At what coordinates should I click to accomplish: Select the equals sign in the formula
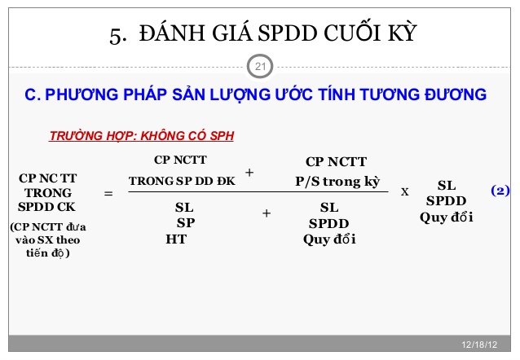[108, 194]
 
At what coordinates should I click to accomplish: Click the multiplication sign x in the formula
[405, 192]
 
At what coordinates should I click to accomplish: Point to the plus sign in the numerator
[249, 173]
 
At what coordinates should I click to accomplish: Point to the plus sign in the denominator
[266, 213]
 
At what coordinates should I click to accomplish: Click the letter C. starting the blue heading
[33, 95]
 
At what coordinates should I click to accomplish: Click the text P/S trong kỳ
[337, 181]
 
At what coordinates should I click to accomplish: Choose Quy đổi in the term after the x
[447, 217]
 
